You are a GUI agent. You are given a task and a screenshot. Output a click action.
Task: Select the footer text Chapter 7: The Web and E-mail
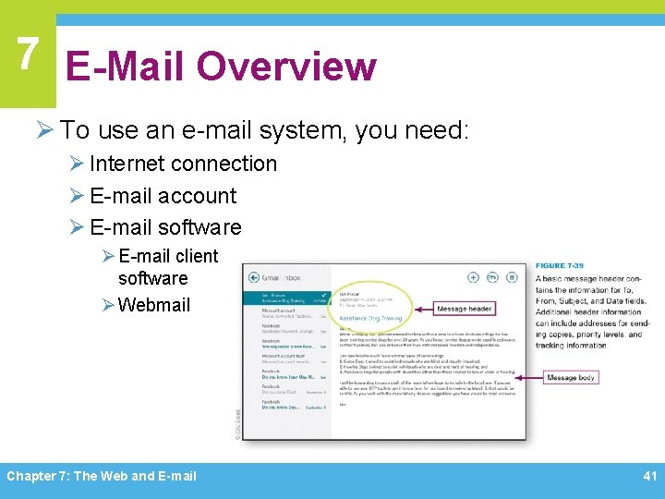(x=102, y=476)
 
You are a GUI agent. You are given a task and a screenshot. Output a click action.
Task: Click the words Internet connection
(x=183, y=164)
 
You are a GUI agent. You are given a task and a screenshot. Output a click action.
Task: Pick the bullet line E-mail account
(x=163, y=196)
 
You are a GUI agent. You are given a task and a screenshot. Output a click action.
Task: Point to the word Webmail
(x=154, y=304)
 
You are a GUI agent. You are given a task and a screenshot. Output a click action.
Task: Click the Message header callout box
(x=464, y=309)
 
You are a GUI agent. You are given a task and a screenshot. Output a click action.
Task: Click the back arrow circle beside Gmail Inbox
(x=251, y=277)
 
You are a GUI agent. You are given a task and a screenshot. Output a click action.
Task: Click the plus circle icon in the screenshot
(x=473, y=276)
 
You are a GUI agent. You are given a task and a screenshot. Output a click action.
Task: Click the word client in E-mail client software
(x=196, y=256)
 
